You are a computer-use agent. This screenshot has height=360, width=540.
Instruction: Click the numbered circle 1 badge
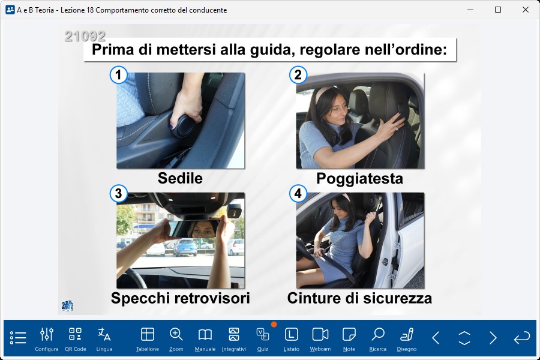118,75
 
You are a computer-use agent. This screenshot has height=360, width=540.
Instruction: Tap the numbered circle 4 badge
298,194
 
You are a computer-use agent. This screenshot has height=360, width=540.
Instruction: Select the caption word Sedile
180,178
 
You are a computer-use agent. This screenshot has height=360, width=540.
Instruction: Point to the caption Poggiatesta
359,179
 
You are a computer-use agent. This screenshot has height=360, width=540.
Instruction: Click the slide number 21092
85,36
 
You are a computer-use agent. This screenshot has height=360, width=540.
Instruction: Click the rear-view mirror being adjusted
193,229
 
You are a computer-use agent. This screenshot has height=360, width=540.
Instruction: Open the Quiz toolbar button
262,338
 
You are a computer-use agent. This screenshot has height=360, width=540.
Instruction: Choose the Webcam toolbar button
320,338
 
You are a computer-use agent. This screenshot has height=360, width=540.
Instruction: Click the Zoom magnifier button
176,338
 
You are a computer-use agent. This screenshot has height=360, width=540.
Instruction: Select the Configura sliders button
46,338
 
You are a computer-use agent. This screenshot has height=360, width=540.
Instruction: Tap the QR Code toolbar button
76,338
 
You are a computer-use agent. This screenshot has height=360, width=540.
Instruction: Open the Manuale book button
205,338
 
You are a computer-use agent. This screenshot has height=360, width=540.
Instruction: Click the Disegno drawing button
407,338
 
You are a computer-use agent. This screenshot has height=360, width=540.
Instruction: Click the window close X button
525,10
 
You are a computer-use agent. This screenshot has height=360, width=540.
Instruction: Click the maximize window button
497,10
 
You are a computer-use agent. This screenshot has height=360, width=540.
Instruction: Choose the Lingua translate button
104,338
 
